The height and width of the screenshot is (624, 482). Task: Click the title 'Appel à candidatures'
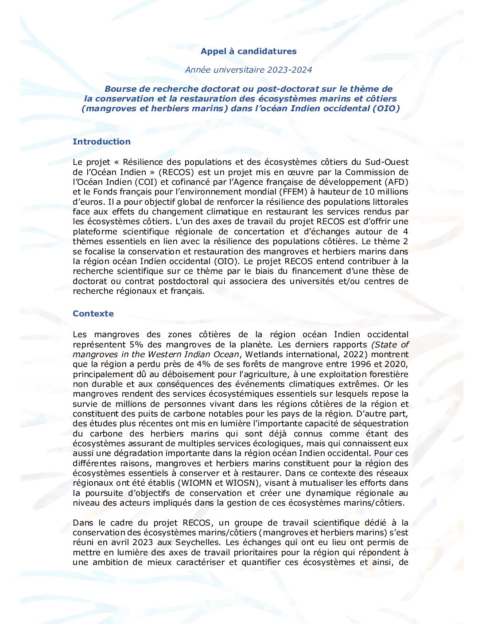tap(249, 51)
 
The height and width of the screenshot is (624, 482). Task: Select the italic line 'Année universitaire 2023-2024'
tap(249, 70)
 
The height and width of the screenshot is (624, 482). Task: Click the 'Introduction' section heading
tap(101, 142)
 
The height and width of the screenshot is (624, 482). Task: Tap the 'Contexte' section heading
tap(93, 314)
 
